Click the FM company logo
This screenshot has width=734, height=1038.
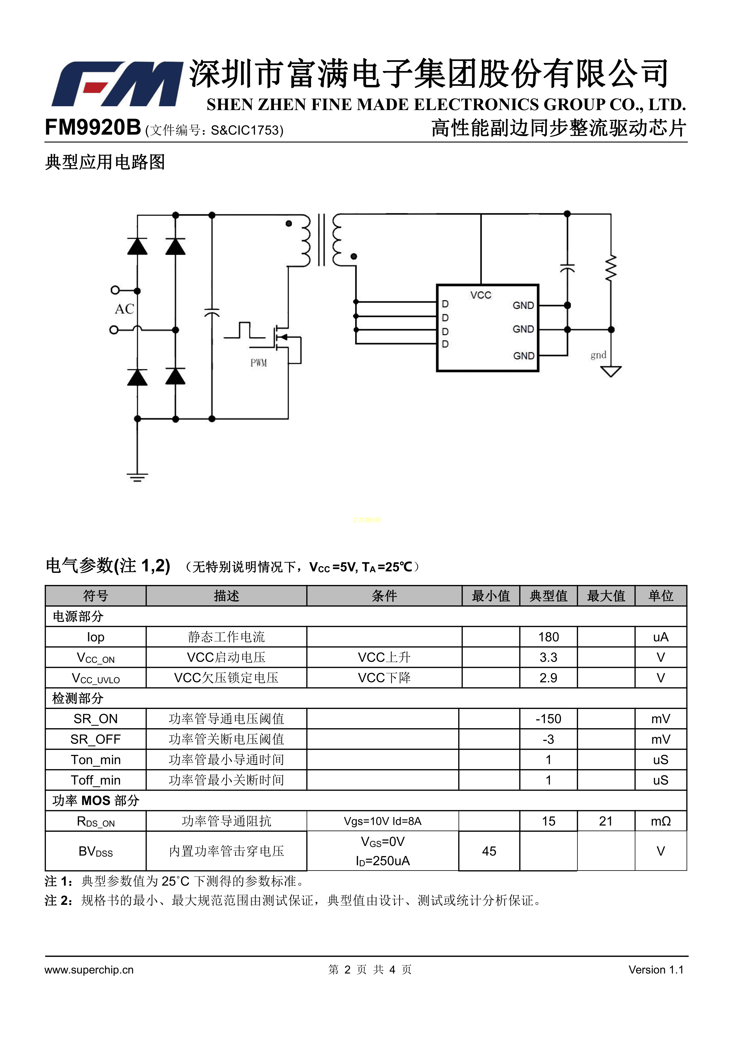117,84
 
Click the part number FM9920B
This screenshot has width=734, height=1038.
93,128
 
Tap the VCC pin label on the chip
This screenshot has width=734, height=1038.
480,295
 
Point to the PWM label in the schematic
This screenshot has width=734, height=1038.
259,362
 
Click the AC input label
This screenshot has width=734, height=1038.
124,309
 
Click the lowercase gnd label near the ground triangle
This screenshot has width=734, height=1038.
598,355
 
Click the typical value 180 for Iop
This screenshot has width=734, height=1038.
548,637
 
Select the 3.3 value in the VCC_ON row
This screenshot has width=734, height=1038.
548,657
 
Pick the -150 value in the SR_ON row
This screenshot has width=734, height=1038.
548,719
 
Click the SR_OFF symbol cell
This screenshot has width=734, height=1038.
95,739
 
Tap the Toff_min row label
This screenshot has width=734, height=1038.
95,780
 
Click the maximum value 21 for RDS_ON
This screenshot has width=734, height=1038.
606,821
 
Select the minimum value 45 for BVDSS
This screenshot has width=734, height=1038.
489,851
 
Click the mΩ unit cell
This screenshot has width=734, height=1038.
660,821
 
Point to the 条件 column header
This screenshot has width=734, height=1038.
384,596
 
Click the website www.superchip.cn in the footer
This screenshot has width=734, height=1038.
89,969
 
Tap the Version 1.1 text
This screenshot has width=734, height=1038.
656,969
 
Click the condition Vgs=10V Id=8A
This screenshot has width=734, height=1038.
382,821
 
